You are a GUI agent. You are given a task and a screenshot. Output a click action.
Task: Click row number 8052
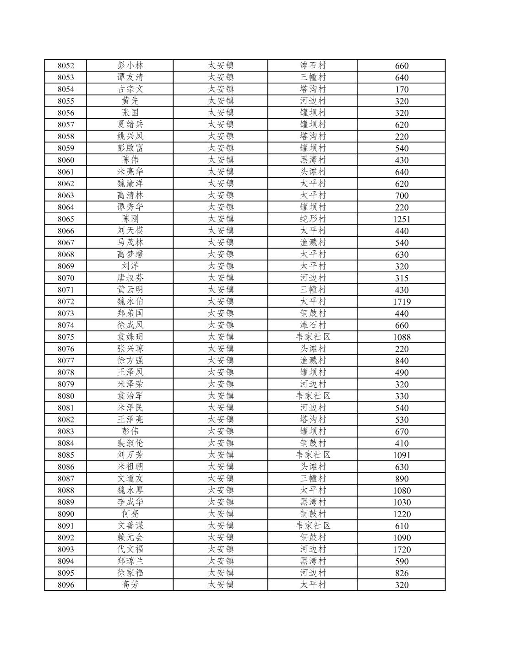coord(65,66)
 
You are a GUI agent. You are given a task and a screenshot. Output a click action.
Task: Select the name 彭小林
coord(130,65)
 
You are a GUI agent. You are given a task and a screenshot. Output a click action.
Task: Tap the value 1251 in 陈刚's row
coord(402,219)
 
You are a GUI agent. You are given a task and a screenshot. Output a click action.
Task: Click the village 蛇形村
coord(313,219)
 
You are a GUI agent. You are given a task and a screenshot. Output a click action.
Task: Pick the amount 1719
coord(402,302)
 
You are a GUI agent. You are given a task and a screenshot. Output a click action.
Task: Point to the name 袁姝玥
coord(130,337)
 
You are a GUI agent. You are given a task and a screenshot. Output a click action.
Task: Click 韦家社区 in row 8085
coord(313,455)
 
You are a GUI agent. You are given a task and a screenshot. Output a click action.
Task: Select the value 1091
coord(402,455)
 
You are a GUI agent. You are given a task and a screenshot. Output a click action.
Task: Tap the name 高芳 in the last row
coord(130,584)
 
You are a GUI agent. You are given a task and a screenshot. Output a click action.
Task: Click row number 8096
coord(65,585)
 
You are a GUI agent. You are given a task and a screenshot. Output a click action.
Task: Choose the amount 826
coord(402,573)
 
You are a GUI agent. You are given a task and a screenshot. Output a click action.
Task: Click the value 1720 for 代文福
coord(402,550)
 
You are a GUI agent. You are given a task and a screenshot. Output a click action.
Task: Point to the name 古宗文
coord(130,89)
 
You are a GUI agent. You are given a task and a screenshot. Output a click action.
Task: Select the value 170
coord(402,90)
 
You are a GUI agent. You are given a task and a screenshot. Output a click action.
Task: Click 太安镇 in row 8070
coord(221,278)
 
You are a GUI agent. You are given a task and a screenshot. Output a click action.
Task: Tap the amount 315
coord(402,278)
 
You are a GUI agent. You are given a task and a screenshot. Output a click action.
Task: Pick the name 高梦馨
coord(130,254)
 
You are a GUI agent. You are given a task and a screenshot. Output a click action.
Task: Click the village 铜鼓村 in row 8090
coord(313,514)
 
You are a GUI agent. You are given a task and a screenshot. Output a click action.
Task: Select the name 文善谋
coord(130,525)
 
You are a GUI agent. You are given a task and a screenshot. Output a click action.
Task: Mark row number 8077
coord(65,361)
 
